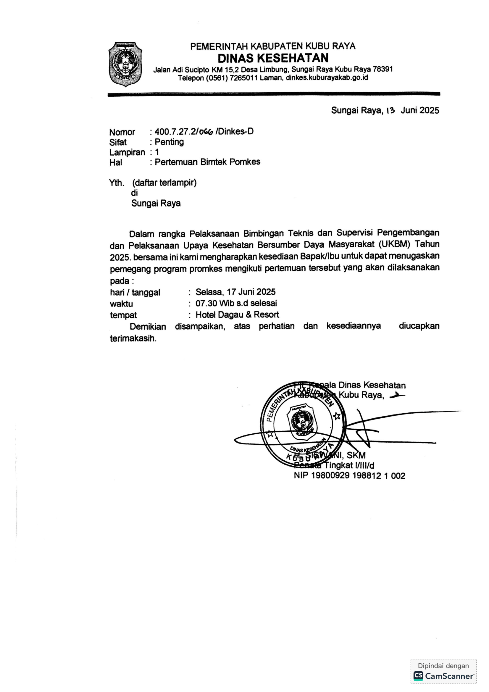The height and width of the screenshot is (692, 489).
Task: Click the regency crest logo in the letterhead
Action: coord(125,64)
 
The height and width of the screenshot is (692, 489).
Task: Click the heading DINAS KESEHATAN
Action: coord(273,58)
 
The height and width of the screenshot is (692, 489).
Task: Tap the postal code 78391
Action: coord(383,69)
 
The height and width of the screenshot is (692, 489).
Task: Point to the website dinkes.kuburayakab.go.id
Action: coord(327,78)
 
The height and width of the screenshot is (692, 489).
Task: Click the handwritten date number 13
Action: coord(390,111)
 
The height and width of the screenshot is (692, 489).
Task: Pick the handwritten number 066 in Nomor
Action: coord(206,132)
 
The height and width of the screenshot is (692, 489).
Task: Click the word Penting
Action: coord(169,142)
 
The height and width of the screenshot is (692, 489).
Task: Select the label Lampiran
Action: coord(127,152)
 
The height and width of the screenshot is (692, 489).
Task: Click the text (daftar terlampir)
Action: coord(164,183)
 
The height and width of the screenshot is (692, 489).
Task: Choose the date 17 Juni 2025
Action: coord(251,292)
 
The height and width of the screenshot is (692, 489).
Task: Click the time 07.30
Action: coord(206,303)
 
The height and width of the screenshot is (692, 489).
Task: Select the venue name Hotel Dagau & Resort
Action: coord(237,315)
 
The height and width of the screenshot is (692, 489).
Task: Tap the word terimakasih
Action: coord(133,338)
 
